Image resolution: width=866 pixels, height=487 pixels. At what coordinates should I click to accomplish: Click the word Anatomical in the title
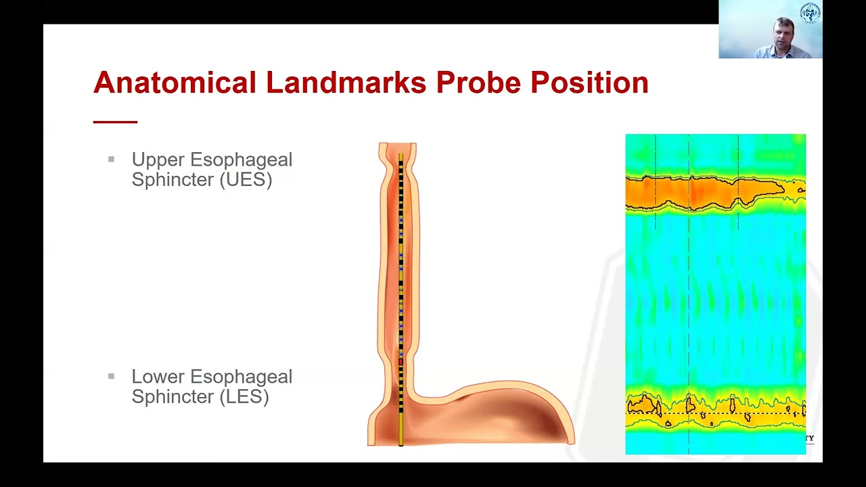pos(175,83)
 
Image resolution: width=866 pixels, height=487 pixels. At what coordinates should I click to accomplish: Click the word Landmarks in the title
pos(346,83)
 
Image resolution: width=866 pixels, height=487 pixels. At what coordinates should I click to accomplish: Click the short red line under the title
pos(115,122)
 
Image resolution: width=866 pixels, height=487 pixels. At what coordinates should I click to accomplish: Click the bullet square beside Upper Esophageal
pos(111,160)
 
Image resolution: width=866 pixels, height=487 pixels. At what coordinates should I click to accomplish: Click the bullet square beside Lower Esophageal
pos(111,376)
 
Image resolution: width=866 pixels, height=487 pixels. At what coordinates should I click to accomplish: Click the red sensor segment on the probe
pos(401,362)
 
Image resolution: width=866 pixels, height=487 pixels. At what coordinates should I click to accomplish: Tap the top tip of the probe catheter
pos(401,156)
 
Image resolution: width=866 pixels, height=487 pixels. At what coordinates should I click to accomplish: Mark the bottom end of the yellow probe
pos(401,442)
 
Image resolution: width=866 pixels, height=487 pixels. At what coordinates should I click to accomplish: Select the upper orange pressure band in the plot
pos(704,192)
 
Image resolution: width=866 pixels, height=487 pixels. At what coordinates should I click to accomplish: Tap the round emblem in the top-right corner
pos(810,14)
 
